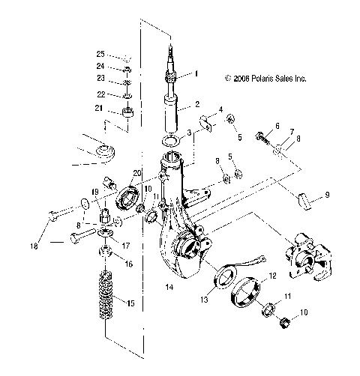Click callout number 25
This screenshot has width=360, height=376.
pos(100,55)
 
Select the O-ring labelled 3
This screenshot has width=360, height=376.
pos(171,141)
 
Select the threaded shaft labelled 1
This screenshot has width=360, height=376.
pos(172,67)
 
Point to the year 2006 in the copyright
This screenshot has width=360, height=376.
pos(241,77)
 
